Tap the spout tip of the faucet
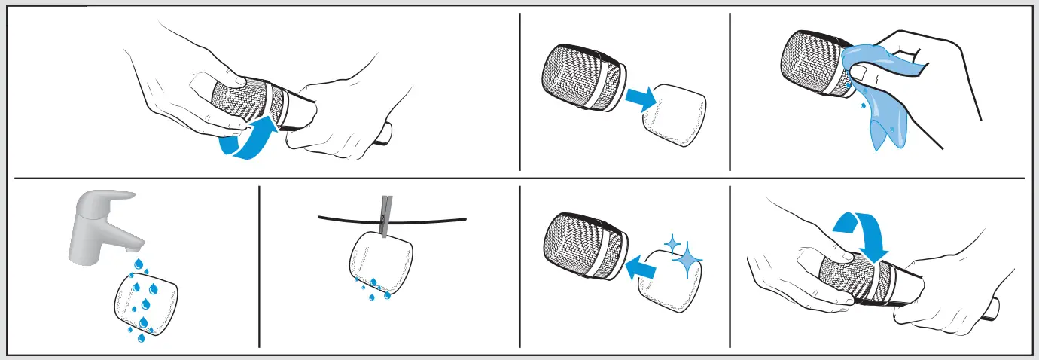pyautogui.click(x=134, y=246)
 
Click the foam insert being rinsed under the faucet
pyautogui.click(x=145, y=306)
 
